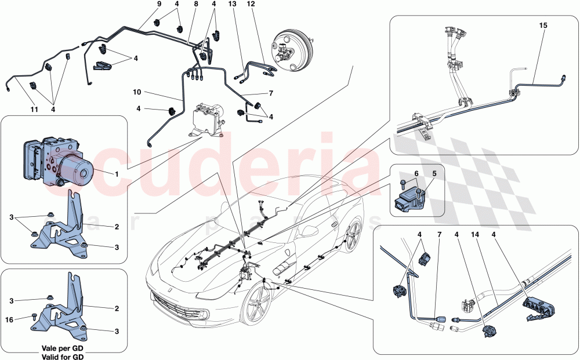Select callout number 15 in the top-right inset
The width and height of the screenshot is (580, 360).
(543, 26)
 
